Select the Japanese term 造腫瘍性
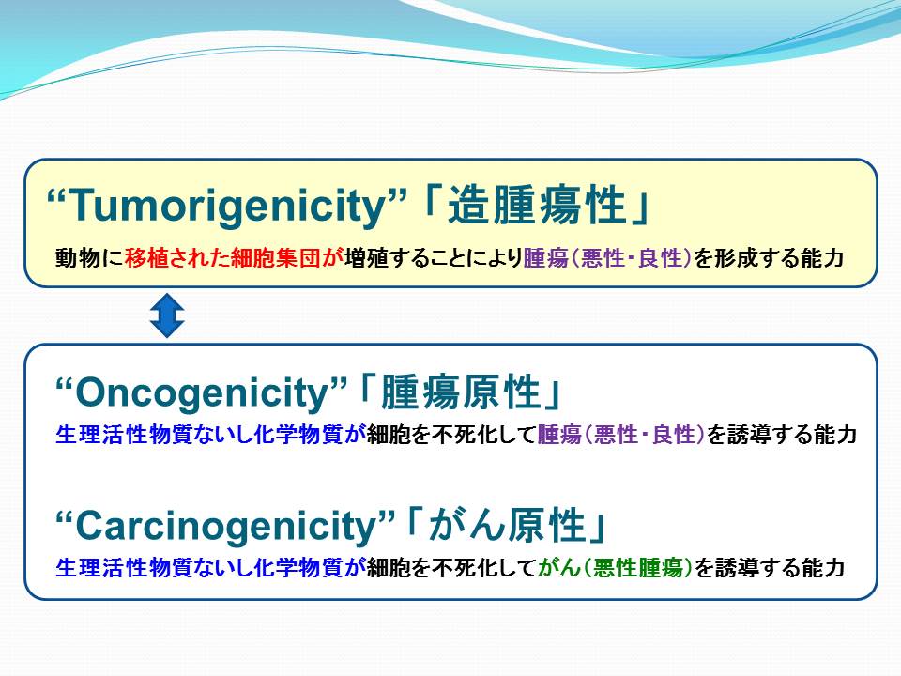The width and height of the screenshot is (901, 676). click(536, 206)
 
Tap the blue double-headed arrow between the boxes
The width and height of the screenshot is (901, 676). click(167, 315)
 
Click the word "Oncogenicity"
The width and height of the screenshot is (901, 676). click(201, 393)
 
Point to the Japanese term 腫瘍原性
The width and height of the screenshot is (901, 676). click(460, 392)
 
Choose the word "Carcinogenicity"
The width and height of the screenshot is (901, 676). click(224, 527)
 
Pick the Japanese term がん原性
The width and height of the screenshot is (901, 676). click(507, 525)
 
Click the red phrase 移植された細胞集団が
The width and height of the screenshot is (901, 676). click(234, 257)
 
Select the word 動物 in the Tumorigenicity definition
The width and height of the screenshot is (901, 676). click(78, 257)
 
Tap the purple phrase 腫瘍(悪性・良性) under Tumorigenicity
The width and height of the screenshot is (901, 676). click(607, 257)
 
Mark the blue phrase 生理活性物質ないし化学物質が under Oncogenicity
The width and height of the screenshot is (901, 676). click(211, 434)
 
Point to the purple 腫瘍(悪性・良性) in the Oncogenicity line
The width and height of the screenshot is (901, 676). click(620, 434)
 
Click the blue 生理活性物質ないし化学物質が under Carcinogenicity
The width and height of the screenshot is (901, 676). click(211, 567)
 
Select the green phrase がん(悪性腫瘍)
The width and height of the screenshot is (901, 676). click(616, 567)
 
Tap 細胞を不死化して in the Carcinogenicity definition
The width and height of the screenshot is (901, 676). click(451, 567)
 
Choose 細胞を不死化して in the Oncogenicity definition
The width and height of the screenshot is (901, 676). click(451, 434)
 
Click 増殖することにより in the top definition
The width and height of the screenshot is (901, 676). click(434, 257)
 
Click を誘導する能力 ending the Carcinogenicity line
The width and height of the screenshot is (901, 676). click(770, 567)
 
